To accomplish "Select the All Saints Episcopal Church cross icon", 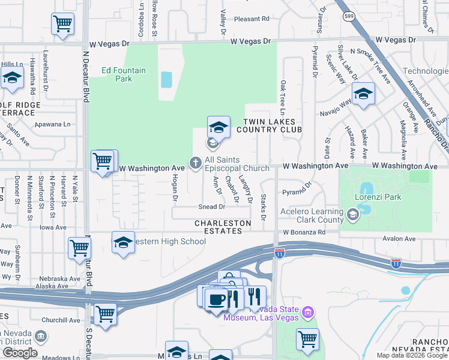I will click(195, 162).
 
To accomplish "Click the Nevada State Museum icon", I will click(308, 312).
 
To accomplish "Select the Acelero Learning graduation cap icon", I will click(353, 214).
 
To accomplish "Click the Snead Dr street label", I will click(212, 207).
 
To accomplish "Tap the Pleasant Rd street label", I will click(252, 19).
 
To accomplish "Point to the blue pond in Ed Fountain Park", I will click(166, 79).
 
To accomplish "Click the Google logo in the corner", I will click(20, 353).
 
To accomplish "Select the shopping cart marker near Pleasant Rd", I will click(62, 25).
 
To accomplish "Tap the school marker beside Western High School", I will click(123, 243).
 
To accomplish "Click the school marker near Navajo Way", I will click(363, 94).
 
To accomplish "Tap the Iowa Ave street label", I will click(53, 227).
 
